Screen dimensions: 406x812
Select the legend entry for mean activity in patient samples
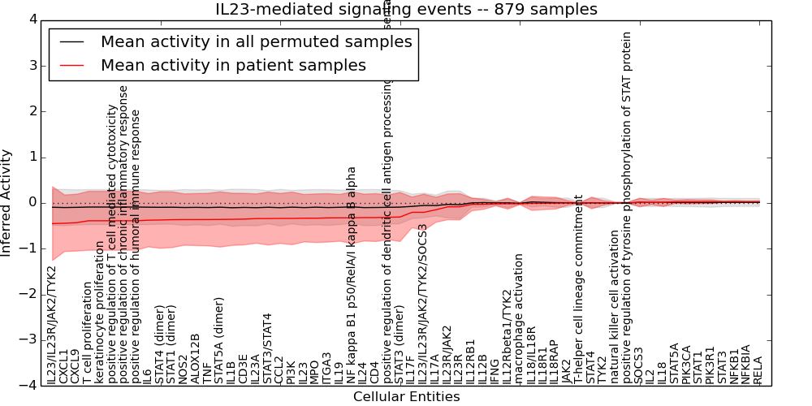point(233,65)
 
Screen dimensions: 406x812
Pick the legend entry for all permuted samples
point(256,41)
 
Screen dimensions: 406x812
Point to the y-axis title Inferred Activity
point(6,202)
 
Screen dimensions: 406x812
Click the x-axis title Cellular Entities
point(406,397)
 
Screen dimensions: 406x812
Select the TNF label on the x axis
point(207,372)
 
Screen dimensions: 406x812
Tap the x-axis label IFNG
point(495,369)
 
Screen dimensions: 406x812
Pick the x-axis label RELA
point(758,369)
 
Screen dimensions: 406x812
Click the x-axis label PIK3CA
point(686,364)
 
